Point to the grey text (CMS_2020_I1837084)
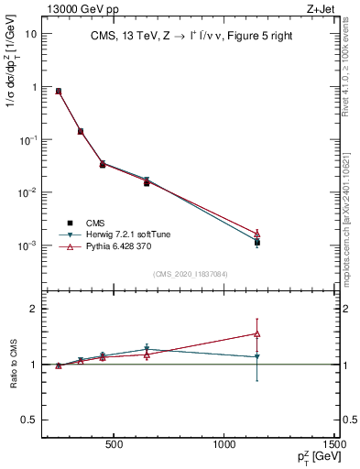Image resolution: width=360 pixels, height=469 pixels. (x=191, y=274)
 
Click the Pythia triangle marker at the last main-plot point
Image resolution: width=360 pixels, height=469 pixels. (x=257, y=234)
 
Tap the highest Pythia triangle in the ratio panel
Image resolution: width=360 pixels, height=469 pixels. (x=257, y=333)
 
